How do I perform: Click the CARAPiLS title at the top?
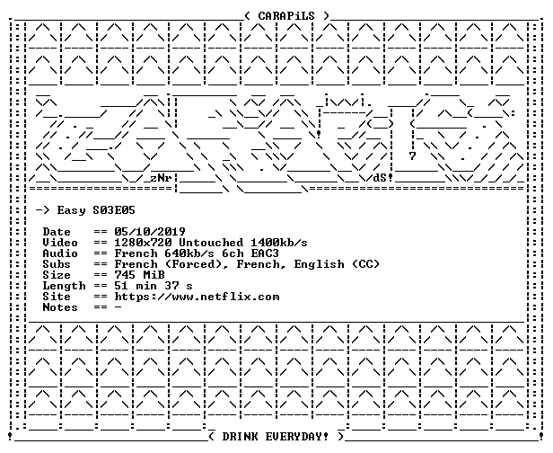pos(286,16)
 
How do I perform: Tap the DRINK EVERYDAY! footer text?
pos(275,437)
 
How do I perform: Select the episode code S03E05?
pos(114,210)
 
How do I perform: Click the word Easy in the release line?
pos(71,211)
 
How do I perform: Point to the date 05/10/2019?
pos(150,232)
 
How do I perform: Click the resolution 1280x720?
pos(143,243)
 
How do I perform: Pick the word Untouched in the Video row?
pos(211,243)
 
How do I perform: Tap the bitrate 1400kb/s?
pos(279,243)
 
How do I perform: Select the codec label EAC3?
pos(265,253)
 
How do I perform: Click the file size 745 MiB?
pos(139,275)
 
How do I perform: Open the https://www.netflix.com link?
pos(197,297)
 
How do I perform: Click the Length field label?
pos(65,286)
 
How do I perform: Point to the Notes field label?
pos(60,307)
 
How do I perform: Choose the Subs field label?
pos(57,264)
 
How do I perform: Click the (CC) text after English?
pos(365,264)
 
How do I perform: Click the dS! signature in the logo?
pos(383,178)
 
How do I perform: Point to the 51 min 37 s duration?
pos(154,286)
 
